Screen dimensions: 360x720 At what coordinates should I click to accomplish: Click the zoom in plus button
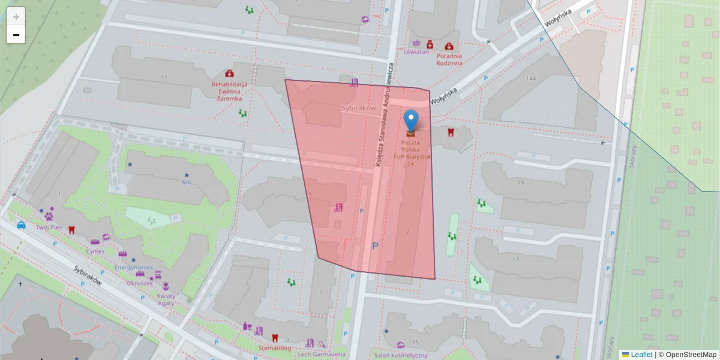[16, 17]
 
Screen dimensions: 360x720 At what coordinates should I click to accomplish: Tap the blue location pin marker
[411, 120]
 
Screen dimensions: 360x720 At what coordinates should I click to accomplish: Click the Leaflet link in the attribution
[641, 355]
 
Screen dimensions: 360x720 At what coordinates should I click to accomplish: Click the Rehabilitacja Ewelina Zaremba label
[229, 91]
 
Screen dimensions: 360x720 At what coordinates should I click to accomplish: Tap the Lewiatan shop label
[417, 52]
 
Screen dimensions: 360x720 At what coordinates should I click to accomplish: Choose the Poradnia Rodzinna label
[449, 59]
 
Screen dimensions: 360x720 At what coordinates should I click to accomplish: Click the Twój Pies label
[49, 227]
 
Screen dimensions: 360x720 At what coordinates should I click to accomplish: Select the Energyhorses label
[133, 268]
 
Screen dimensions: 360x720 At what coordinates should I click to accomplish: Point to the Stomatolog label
[274, 347]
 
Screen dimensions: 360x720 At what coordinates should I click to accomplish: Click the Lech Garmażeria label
[323, 354]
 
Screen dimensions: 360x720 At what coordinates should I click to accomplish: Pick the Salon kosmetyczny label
[400, 355]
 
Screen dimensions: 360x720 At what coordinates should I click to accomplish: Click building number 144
[530, 79]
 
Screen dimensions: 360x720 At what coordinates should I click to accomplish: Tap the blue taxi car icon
[21, 226]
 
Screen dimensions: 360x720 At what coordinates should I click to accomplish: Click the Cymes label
[95, 251]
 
